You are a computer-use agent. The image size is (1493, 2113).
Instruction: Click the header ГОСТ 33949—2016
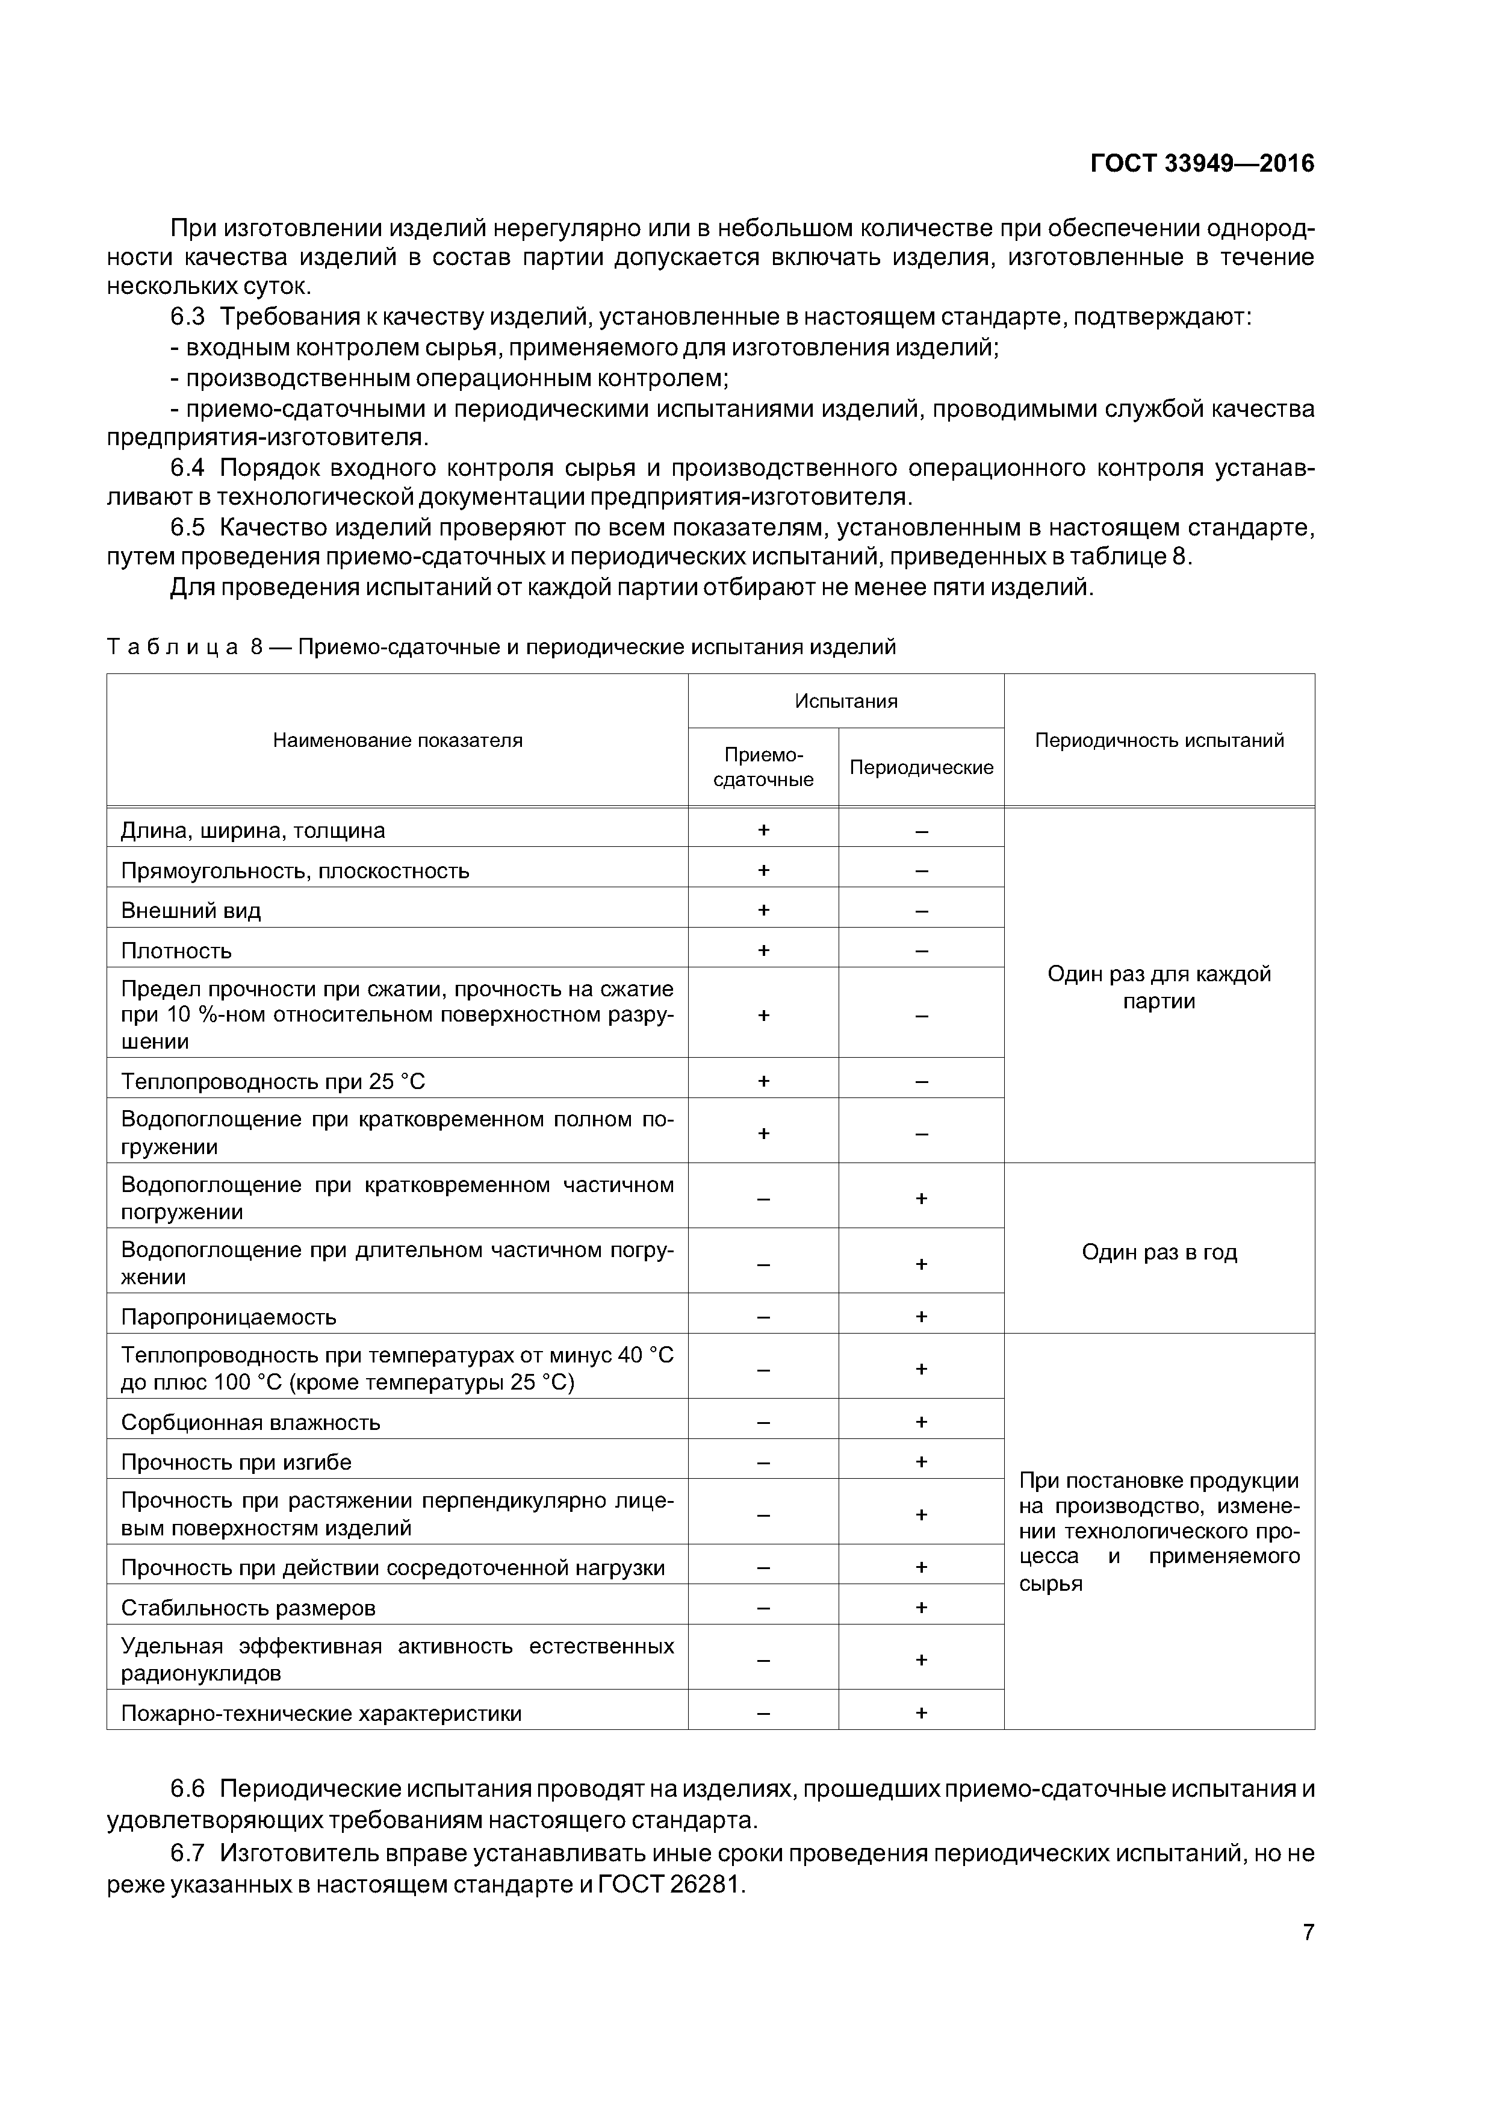point(1202,164)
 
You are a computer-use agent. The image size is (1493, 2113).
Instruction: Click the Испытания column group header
point(845,701)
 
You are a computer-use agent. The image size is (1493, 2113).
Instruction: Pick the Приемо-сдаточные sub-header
point(763,767)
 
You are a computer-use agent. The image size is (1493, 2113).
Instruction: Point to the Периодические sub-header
point(921,767)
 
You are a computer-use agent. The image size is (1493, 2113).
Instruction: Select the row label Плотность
point(176,950)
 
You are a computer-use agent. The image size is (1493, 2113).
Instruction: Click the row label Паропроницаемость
point(229,1317)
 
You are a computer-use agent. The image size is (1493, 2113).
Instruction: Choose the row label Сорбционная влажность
point(250,1423)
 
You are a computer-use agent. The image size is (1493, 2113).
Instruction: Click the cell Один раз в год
point(1159,1252)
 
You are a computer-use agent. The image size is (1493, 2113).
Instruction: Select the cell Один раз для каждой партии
point(1159,987)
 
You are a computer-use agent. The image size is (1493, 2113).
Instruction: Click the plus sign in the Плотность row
point(763,950)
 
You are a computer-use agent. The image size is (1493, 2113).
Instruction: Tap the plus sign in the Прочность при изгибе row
point(921,1462)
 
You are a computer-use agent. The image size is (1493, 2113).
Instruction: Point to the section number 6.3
point(187,317)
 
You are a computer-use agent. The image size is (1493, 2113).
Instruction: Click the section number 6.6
point(187,1789)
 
